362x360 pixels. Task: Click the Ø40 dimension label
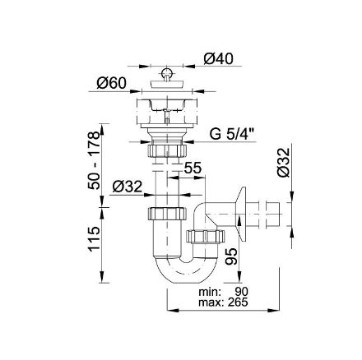pyautogui.click(x=218, y=58)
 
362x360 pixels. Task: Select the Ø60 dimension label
pyautogui.click(x=111, y=83)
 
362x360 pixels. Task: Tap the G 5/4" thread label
pyautogui.click(x=232, y=134)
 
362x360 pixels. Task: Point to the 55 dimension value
pyautogui.click(x=193, y=168)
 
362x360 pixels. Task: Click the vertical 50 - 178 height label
pyautogui.click(x=94, y=160)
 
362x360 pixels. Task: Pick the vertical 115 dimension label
pyautogui.click(x=94, y=238)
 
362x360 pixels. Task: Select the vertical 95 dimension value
pyautogui.click(x=230, y=256)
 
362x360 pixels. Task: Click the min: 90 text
pyautogui.click(x=223, y=292)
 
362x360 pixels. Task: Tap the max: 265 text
pyautogui.click(x=223, y=302)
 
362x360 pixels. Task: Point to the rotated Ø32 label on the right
pyautogui.click(x=283, y=163)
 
